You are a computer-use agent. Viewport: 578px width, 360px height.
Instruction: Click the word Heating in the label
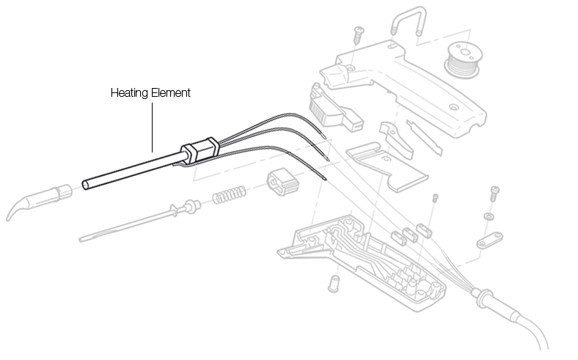tap(127, 93)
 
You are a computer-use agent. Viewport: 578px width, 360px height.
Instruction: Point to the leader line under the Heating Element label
tap(152, 125)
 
